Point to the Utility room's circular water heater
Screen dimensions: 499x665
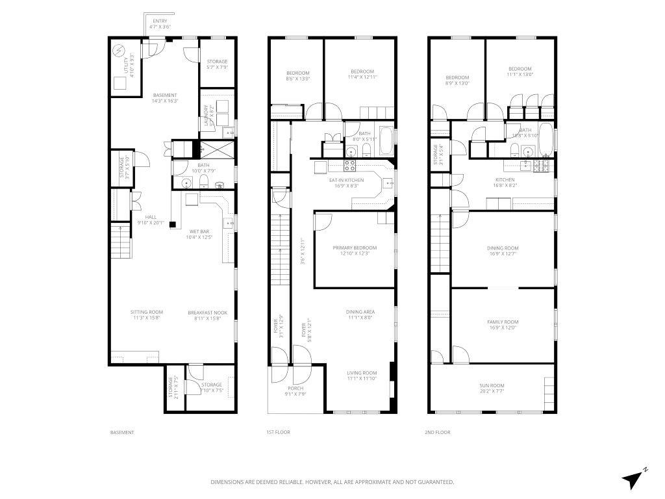pos(119,50)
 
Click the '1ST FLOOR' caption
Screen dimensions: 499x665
pos(278,432)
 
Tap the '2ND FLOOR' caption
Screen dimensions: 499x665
pos(438,432)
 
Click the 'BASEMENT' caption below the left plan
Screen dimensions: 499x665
pos(122,432)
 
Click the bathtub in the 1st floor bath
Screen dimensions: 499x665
pos(385,138)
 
